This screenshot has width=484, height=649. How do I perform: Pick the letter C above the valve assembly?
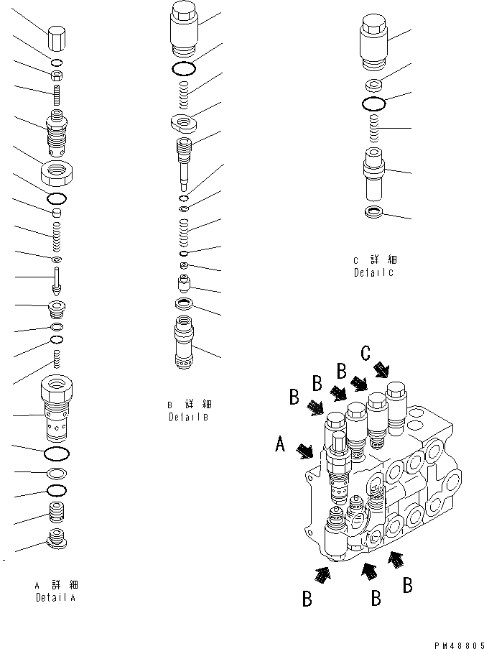pos(366,353)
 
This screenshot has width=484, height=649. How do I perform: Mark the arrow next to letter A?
pos(304,451)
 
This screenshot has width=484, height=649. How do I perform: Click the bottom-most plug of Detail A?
pos(57,539)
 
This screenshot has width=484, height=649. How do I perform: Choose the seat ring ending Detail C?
pos(373,212)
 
